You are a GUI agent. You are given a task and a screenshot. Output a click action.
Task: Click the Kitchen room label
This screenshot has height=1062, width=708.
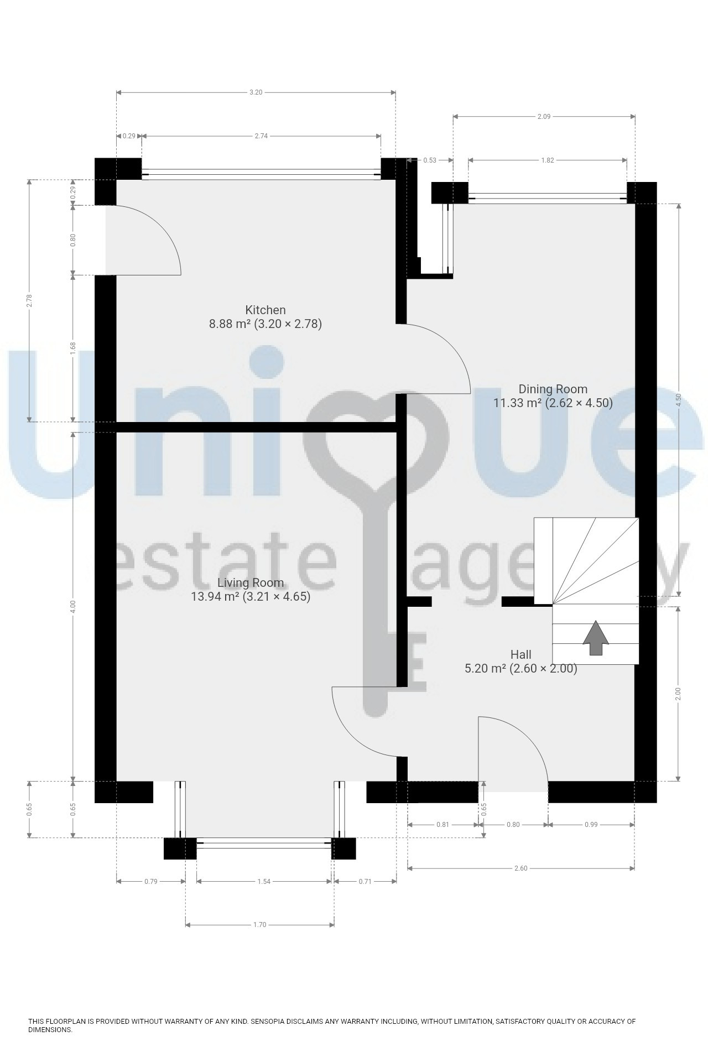265,310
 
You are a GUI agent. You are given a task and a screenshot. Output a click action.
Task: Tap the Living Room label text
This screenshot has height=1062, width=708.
251,582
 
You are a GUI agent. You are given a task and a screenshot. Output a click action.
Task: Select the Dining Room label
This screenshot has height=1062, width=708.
553,389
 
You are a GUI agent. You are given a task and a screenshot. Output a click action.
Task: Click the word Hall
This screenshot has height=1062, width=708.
521,655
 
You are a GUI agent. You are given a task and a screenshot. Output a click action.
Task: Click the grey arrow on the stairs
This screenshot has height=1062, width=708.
596,638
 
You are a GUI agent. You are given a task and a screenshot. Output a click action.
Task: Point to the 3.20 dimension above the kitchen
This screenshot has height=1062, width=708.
256,92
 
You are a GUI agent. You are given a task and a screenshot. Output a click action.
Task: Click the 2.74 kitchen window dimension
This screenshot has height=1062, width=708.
261,136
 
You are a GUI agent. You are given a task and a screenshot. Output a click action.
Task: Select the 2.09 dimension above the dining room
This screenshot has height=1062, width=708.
544,117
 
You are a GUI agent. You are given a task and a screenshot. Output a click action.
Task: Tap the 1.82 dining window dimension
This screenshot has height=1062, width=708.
547,160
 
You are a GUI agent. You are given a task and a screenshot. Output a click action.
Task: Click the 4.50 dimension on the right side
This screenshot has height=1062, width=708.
679,400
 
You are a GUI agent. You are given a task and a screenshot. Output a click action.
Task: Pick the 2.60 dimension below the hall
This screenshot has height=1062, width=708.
520,868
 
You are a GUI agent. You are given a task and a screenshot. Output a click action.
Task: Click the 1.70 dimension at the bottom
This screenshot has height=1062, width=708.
259,924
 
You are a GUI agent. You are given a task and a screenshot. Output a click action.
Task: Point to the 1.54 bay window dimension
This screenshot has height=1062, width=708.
264,881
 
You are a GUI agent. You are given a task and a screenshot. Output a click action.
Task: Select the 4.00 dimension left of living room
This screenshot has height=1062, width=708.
73,607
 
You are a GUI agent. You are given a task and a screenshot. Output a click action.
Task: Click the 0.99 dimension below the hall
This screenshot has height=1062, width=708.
591,825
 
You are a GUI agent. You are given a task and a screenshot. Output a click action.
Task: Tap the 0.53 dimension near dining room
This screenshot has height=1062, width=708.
430,160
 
